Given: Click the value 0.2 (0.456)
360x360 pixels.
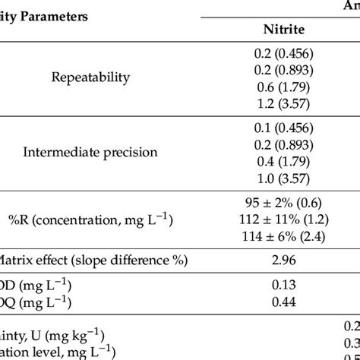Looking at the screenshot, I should click(283, 55).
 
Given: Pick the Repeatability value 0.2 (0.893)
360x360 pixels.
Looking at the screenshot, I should click(283, 70).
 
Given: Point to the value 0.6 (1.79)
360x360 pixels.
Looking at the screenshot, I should click(283, 84).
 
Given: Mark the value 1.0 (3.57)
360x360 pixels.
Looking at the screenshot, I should click(283, 172).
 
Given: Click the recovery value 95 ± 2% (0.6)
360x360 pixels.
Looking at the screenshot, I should click(283, 204).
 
